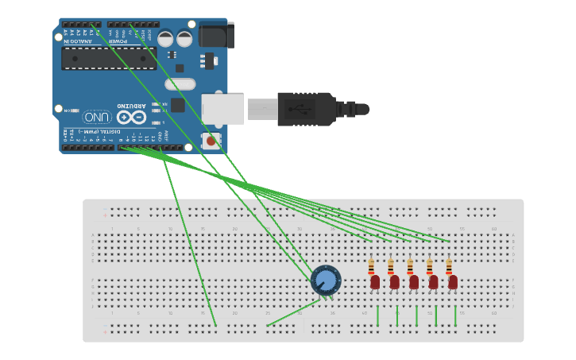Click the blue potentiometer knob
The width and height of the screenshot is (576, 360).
tap(326, 281)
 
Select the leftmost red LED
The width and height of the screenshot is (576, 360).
tap(375, 281)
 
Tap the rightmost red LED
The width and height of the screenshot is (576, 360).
tap(453, 281)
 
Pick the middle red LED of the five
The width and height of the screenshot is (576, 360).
tap(414, 281)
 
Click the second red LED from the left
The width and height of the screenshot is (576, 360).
tap(394, 281)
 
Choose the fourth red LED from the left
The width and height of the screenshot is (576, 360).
tap(433, 281)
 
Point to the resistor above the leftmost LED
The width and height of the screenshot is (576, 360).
tap(371, 266)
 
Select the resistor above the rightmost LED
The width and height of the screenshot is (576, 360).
tap(449, 266)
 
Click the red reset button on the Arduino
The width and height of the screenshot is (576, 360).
tap(211, 141)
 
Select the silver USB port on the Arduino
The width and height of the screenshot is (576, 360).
tap(222, 109)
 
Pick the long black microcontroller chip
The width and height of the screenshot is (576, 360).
tap(109, 58)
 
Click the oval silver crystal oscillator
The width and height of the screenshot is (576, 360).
tap(180, 83)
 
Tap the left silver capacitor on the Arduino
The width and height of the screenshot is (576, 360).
tap(165, 38)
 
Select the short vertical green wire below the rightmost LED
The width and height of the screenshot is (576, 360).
tap(455, 315)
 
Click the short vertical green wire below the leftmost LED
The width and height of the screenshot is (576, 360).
tap(377, 315)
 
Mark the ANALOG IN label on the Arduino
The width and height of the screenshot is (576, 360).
tap(79, 41)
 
